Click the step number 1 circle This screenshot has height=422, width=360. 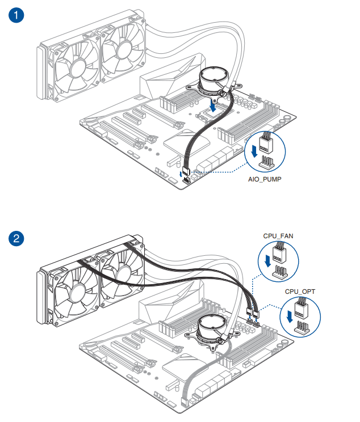pyautogui.click(x=16, y=15)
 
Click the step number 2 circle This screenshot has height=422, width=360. pyautogui.click(x=16, y=238)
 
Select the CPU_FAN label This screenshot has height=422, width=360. pyautogui.click(x=278, y=235)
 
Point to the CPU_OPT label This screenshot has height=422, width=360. pyautogui.click(x=300, y=292)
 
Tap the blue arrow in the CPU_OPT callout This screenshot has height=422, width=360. pyautogui.click(x=291, y=316)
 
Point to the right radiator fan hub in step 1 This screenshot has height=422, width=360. pyautogui.click(x=121, y=52)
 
